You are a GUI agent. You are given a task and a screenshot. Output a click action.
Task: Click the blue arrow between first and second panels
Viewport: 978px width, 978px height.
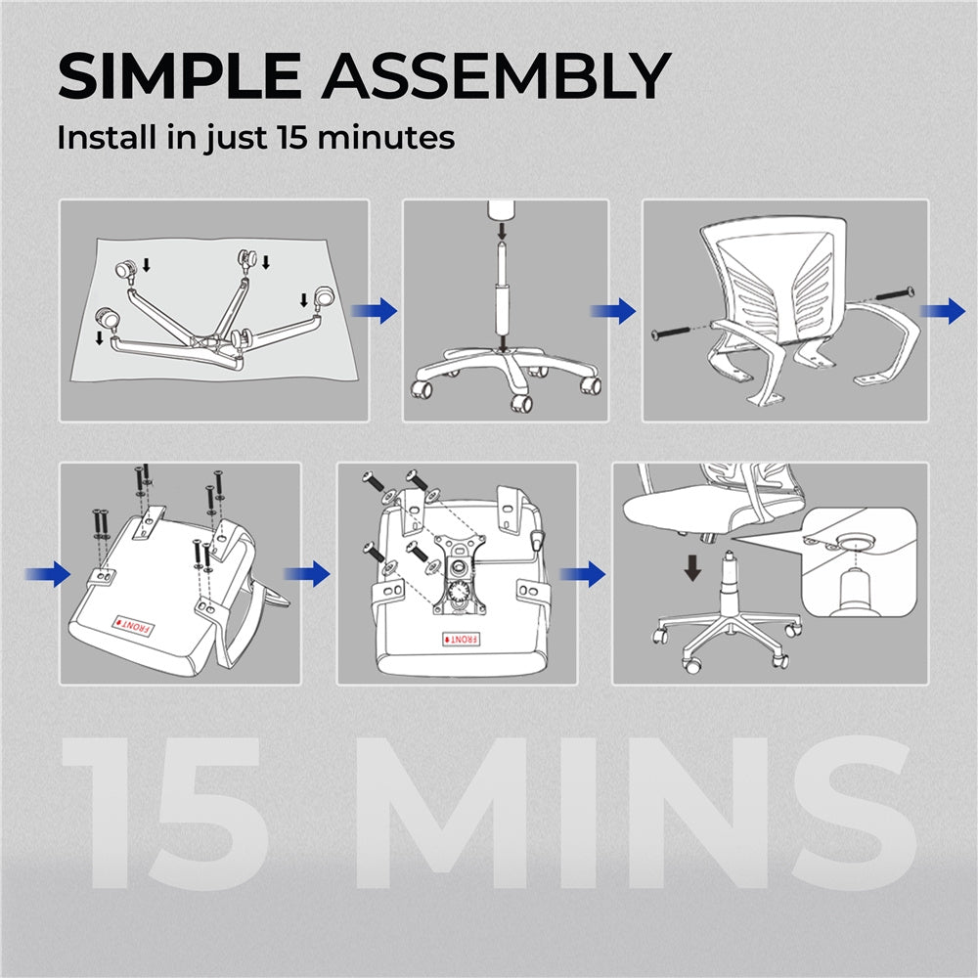point(376,312)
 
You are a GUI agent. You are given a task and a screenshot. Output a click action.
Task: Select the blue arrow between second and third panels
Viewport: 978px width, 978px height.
point(613,312)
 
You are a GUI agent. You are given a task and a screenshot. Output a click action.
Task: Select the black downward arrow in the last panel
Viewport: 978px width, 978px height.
point(692,567)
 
